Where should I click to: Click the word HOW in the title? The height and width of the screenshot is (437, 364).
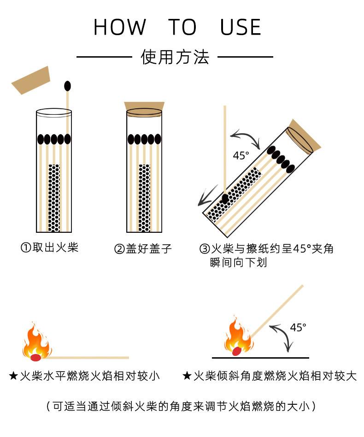pos(120,28)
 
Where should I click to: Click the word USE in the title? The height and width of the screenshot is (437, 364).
pos(241,28)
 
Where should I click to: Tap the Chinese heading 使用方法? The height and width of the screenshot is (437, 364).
pos(175,57)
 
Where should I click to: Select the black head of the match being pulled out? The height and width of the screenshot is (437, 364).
pos(68,86)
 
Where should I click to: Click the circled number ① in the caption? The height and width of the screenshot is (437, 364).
pos(26,248)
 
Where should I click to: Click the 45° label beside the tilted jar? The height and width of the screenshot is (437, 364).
pos(241,155)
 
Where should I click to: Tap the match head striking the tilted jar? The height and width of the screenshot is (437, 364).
pos(225,199)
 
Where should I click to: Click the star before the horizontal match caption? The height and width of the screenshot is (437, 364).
pos(13,376)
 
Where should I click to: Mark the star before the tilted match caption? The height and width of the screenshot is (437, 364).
pos(187,376)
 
